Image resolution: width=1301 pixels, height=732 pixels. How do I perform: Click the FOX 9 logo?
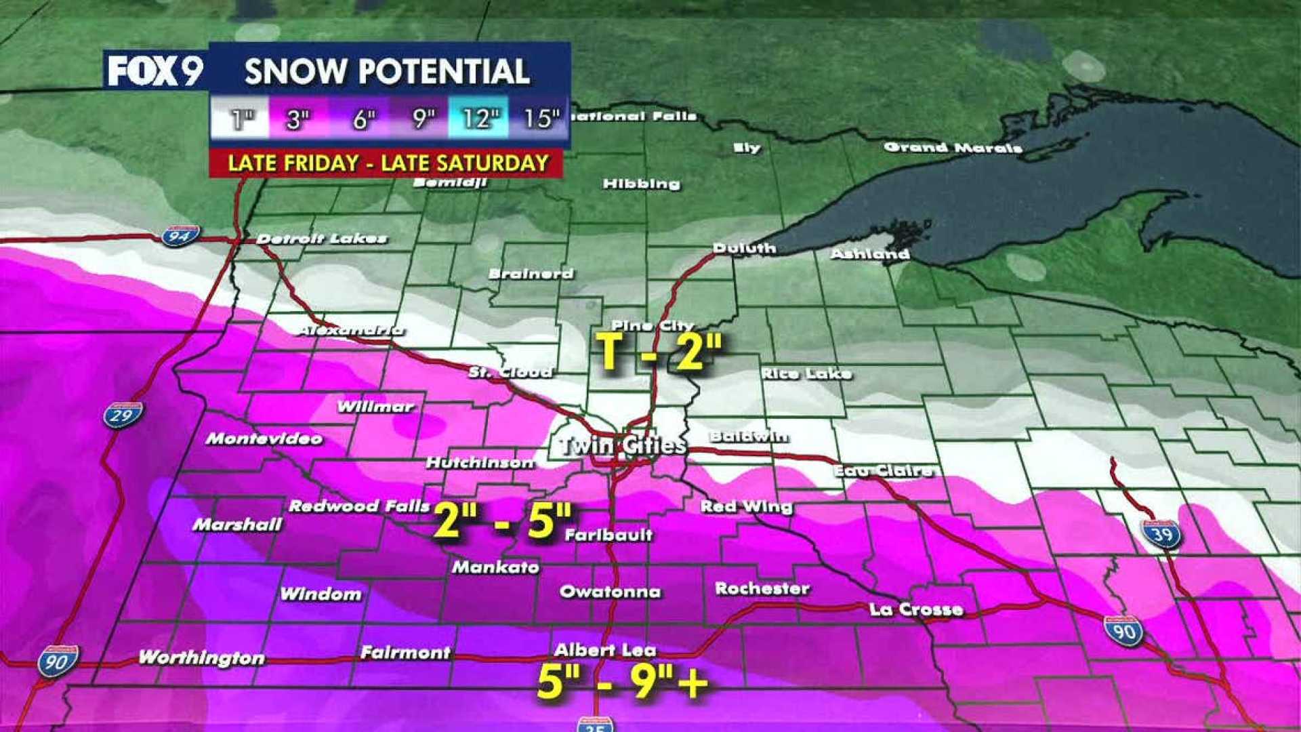155,70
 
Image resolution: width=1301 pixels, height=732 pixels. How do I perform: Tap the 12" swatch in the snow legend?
478,119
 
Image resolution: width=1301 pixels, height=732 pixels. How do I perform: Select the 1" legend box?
241,119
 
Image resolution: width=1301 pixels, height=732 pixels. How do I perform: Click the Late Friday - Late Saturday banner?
386,163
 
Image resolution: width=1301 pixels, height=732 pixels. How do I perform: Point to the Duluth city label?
744,249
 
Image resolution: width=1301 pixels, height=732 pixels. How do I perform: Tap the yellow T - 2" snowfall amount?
659,352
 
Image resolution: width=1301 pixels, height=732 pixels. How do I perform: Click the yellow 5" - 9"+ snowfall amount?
622,681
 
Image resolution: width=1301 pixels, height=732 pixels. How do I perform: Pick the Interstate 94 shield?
181,235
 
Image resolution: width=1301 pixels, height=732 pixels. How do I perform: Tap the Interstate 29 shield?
123,415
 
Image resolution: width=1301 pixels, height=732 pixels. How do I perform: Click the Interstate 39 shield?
1161,535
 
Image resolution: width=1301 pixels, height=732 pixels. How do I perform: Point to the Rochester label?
762,588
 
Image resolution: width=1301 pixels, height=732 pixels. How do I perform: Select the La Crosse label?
916,609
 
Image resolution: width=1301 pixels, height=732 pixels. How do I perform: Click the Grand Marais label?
952,148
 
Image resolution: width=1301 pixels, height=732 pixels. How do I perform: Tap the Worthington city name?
201,657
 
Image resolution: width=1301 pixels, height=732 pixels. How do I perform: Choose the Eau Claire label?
882,470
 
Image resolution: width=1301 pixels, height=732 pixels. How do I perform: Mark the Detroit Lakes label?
321,239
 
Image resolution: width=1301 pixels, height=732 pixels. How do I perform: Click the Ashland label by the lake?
870,254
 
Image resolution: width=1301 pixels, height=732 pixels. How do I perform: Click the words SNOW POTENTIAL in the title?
387,71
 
